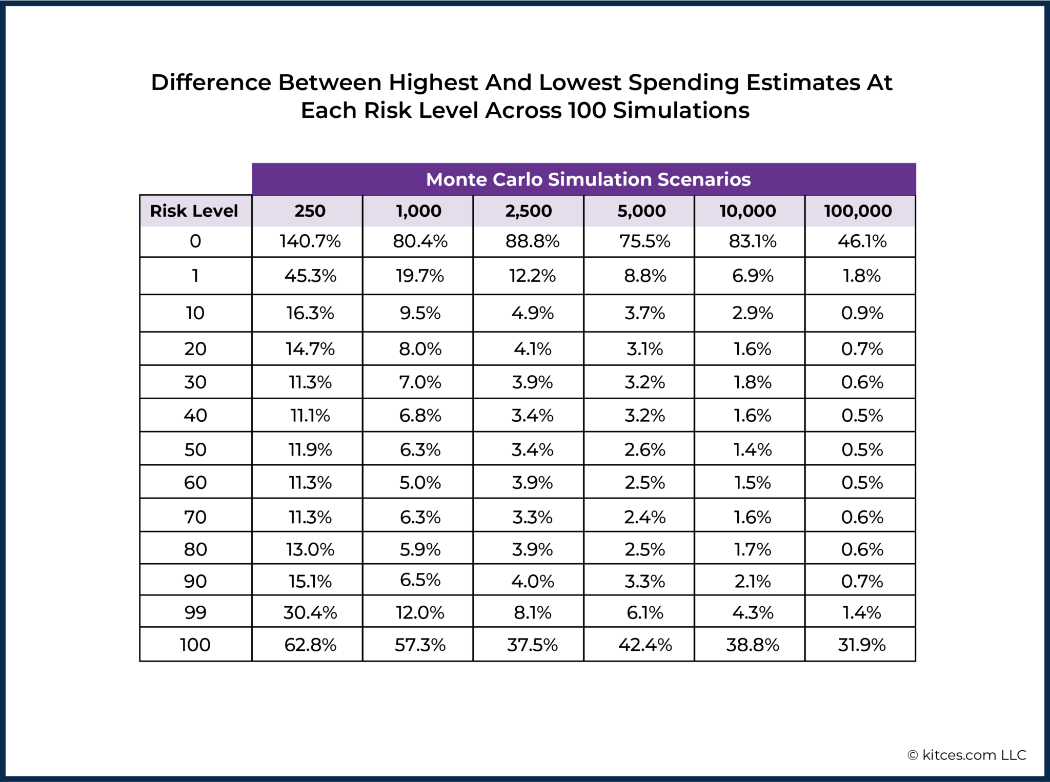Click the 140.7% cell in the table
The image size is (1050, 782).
[310, 241]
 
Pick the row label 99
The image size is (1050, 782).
[195, 612]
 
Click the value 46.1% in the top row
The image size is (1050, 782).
[862, 241]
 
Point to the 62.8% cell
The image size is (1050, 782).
[310, 645]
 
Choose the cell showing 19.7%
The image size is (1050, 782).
[419, 276]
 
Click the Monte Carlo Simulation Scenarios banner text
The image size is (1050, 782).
[588, 179]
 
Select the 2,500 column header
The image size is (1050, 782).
[528, 211]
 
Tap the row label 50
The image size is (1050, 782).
[195, 449]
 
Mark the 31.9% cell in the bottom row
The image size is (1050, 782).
[862, 645]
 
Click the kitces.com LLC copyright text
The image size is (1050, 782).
[966, 755]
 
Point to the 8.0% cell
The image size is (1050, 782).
[420, 349]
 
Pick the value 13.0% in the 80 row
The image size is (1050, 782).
[310, 549]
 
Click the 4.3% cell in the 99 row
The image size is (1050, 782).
[752, 612]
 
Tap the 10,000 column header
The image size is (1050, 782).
[748, 211]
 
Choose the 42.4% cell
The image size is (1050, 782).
[645, 645]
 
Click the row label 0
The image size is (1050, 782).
[195, 241]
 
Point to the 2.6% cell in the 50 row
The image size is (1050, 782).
[644, 449]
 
